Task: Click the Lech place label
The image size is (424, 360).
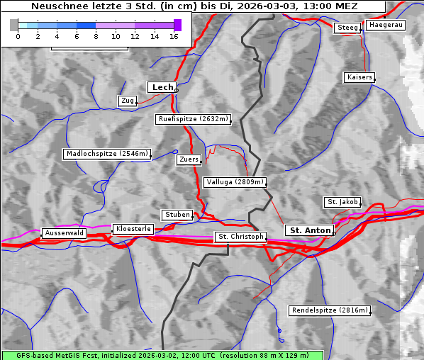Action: pos(162,87)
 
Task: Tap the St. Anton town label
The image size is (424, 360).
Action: pos(310,230)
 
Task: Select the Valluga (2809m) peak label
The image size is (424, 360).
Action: pos(234,182)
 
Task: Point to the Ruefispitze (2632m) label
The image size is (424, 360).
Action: pos(194,119)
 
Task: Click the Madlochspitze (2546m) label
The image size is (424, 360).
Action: pos(106,154)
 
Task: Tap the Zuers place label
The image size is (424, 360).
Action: pos(189,159)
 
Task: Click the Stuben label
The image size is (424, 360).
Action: pos(177,215)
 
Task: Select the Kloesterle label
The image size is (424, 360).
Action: pos(132,229)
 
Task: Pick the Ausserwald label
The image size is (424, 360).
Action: pos(65,233)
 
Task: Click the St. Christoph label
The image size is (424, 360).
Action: pos(240,237)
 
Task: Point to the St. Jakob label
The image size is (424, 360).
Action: pos(342,202)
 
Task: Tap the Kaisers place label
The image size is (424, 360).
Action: pos(359,77)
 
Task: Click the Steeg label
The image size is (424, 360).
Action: pos(347,28)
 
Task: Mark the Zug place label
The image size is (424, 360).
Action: pos(128,101)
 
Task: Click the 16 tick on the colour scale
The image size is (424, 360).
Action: pos(174,36)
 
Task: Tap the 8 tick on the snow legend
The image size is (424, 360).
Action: pos(96,36)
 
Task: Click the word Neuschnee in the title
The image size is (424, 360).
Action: pos(58,6)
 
